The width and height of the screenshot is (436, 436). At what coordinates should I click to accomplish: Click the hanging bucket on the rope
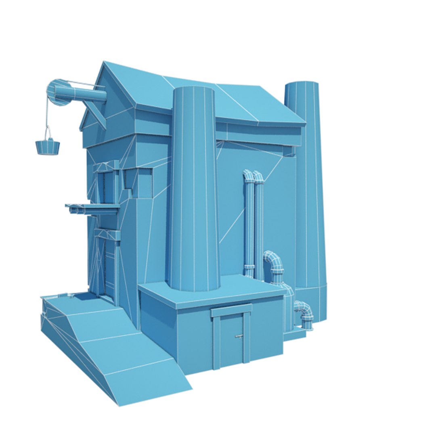pos(48,147)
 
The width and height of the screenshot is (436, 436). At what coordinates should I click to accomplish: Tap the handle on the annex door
pos(239,336)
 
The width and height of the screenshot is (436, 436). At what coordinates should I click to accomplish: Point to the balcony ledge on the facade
pos(93,207)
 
